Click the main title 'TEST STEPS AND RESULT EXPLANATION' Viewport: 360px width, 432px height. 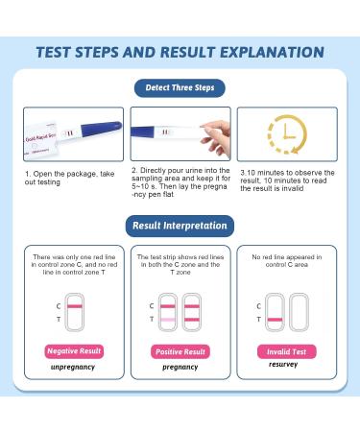coord(180,52)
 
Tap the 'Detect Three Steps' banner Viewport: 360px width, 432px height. coord(180,87)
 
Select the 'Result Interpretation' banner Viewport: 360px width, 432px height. coord(180,227)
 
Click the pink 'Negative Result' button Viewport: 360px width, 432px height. coord(74,351)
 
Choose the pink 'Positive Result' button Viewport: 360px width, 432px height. coord(180,351)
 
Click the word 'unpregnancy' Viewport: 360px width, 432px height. coord(74,368)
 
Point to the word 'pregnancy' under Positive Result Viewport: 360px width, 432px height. coord(180,368)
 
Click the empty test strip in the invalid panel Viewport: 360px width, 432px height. coord(301,312)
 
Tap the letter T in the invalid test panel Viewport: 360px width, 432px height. coord(257,319)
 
